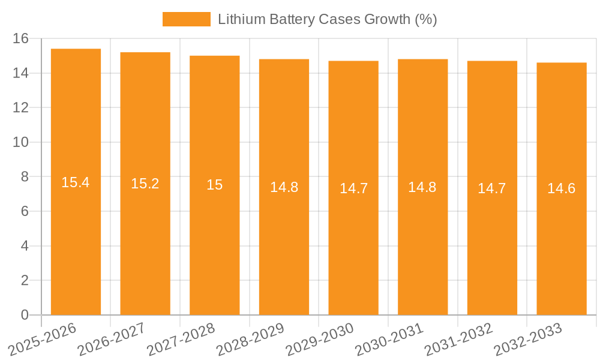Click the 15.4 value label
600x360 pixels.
tap(76, 182)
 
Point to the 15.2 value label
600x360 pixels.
tap(145, 184)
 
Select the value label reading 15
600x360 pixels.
tap(215, 185)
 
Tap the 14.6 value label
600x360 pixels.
tap(562, 188)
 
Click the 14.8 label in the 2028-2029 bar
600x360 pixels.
tap(284, 187)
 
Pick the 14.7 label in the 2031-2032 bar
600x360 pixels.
tap(492, 188)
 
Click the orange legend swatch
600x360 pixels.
tap(186, 19)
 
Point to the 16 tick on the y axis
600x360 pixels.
tap(21, 38)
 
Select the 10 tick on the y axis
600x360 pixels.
tap(21, 142)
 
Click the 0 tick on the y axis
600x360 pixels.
tap(25, 315)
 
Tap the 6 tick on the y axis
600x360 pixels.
tap(25, 211)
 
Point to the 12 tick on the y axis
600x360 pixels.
tap(21, 107)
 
